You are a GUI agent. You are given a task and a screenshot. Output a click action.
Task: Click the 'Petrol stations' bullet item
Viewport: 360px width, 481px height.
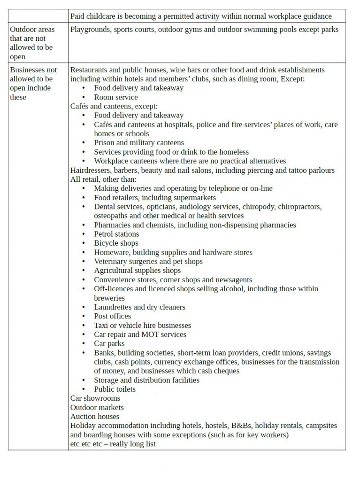click(116, 234)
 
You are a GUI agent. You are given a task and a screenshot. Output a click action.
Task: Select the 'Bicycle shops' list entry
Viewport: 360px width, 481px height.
click(116, 243)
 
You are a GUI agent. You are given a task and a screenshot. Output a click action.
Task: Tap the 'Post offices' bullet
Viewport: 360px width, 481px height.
click(112, 316)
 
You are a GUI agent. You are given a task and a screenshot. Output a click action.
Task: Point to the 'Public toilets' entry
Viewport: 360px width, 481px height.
click(115, 389)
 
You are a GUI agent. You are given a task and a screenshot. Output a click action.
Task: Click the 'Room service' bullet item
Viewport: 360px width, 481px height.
click(115, 97)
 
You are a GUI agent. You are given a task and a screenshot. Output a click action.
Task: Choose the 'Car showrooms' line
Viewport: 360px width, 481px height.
click(95, 398)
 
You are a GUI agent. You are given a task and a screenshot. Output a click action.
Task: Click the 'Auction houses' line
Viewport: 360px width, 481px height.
click(95, 417)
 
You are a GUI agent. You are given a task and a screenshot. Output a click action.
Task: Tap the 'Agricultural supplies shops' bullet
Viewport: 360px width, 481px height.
click(137, 271)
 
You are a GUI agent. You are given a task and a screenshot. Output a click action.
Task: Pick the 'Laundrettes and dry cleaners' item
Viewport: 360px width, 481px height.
click(139, 307)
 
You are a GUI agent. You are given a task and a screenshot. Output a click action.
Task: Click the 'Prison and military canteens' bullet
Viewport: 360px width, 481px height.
click(139, 143)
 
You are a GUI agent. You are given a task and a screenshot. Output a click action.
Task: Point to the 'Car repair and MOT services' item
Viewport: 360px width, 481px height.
click(140, 334)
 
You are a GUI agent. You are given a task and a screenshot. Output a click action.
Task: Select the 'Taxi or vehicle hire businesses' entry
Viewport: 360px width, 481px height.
click(142, 326)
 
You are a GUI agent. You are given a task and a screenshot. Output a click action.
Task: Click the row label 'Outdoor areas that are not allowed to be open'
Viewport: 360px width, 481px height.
click(32, 43)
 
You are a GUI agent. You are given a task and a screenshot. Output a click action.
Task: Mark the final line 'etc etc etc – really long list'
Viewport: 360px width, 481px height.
click(113, 444)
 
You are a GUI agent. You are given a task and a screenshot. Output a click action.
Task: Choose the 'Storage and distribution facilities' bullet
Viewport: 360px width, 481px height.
click(146, 380)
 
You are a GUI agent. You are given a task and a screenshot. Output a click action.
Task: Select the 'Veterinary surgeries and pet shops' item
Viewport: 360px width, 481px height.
click(148, 262)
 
